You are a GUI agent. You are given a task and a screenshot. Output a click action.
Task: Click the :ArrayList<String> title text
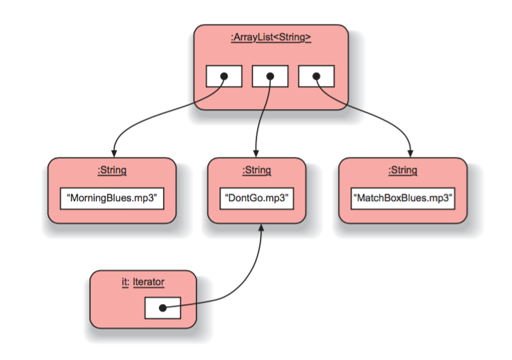(x=271, y=38)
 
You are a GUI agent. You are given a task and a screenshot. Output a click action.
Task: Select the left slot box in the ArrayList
(x=224, y=76)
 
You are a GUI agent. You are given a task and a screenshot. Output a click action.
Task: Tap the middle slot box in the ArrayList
(x=270, y=76)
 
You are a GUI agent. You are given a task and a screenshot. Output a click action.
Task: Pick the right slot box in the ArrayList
(x=316, y=76)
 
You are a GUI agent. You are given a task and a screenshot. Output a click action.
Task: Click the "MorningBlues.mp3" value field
(x=112, y=198)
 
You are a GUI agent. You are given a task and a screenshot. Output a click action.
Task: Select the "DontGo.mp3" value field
(x=256, y=198)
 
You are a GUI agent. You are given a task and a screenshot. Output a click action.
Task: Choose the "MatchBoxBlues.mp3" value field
(x=403, y=198)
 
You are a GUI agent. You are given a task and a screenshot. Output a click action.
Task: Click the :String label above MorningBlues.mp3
(x=112, y=170)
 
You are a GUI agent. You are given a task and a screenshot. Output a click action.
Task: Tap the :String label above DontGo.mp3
(x=256, y=170)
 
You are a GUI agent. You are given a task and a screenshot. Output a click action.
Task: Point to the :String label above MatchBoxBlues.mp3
(x=403, y=170)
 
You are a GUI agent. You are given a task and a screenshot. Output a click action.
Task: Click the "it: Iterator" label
(x=143, y=282)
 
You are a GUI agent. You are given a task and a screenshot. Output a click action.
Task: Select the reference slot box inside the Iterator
(x=162, y=308)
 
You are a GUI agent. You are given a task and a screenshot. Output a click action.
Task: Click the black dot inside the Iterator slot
(x=162, y=308)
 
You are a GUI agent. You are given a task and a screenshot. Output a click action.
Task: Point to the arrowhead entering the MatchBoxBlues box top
(x=411, y=153)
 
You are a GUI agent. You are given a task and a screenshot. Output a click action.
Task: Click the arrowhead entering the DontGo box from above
(x=256, y=153)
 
